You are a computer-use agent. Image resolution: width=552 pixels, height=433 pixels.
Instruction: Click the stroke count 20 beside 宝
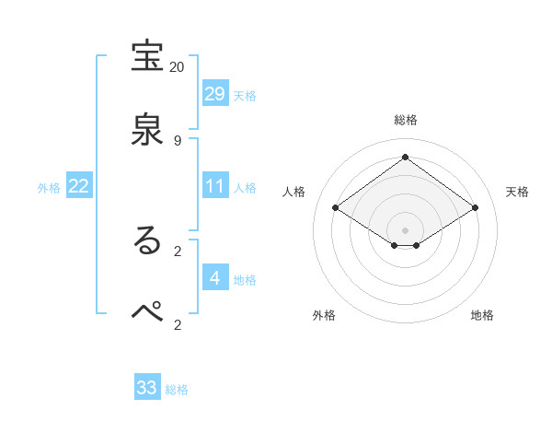177,67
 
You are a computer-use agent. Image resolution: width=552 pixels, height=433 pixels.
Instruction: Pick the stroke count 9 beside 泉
178,140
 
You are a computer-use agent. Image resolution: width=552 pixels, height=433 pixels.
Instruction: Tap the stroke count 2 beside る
178,250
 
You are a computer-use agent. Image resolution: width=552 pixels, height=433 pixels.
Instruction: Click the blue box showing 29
215,94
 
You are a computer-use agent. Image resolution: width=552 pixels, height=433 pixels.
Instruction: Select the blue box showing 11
215,186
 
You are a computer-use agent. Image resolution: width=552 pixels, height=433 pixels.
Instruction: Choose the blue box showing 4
215,278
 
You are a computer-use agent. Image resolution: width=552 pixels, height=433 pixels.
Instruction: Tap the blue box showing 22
79,186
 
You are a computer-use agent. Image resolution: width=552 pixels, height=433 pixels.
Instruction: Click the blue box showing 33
147,388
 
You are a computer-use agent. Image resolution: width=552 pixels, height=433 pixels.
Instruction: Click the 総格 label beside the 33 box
177,390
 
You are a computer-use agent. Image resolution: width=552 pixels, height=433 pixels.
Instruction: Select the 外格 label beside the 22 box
49,188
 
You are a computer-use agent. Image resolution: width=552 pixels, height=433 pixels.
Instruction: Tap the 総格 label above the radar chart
405,120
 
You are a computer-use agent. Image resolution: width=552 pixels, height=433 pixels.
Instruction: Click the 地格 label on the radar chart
482,315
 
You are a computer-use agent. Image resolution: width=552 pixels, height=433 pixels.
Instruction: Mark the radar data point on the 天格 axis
476,208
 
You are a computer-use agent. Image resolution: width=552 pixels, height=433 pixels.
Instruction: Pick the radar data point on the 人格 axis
335,208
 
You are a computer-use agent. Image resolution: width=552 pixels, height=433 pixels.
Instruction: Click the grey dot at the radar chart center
405,229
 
